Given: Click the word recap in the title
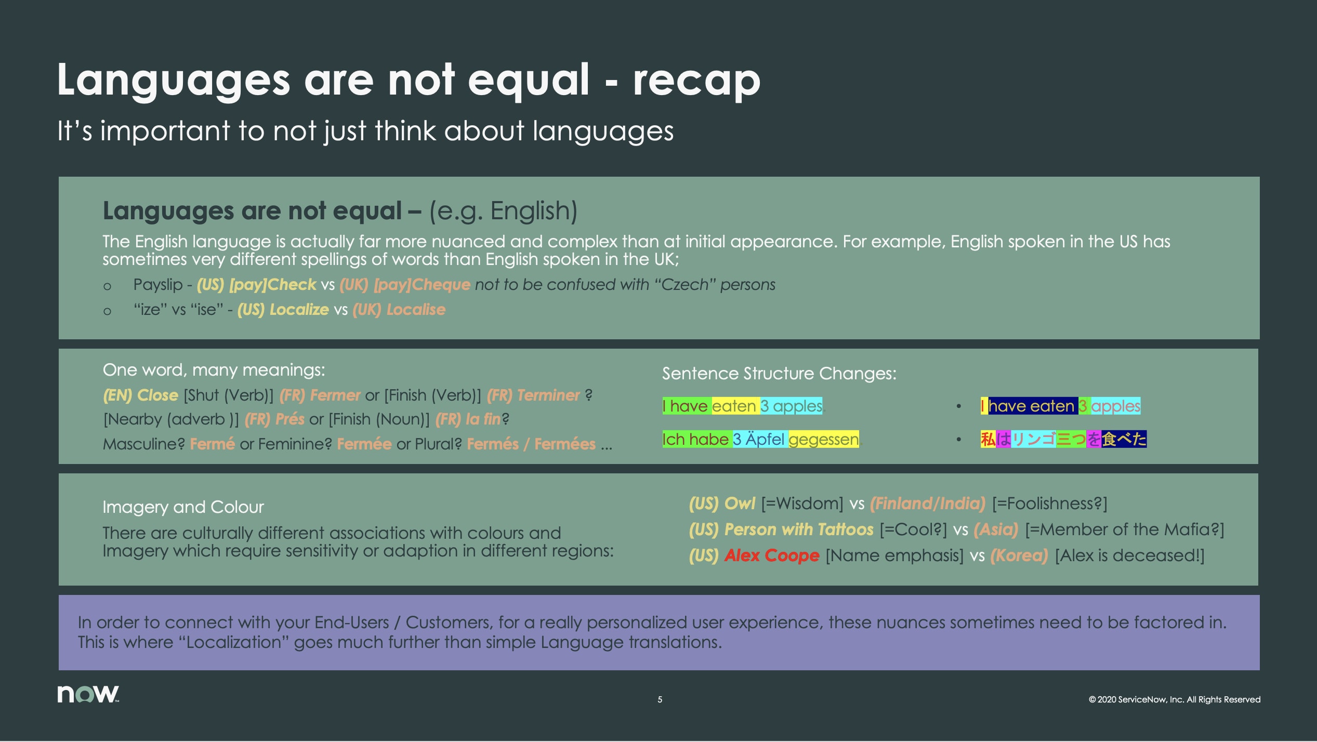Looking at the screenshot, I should click(696, 81).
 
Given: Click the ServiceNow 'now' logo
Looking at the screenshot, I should click(88, 694).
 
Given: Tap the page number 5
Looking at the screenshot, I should click(660, 699).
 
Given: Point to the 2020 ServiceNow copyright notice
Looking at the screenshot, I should click(1174, 699).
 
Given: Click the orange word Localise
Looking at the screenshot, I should click(416, 310).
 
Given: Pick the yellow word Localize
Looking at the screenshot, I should click(299, 310).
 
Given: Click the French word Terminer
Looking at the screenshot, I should click(548, 395).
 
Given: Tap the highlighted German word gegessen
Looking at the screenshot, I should click(823, 440).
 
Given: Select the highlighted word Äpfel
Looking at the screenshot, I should click(765, 440).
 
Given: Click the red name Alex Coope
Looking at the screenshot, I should click(772, 555).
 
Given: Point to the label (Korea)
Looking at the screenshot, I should click(1019, 555).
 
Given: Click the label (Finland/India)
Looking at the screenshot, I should click(928, 504).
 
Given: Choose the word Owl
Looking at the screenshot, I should click(740, 504).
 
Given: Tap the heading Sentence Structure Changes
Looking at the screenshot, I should click(779, 374).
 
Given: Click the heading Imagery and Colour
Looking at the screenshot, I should click(183, 507).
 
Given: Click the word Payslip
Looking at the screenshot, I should click(158, 285).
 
